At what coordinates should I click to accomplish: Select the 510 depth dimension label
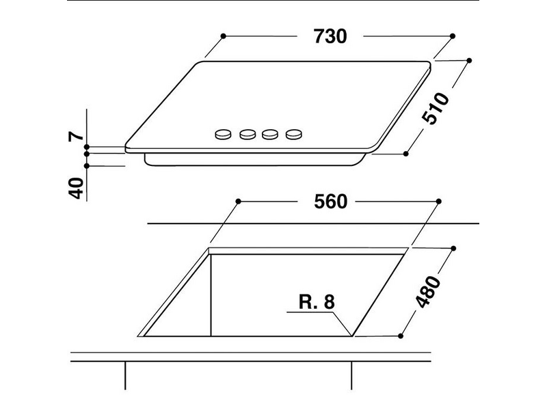(434, 108)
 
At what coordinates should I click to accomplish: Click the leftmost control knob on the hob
(222, 134)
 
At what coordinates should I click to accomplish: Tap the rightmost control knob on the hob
(294, 134)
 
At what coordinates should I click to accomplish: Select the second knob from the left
(247, 135)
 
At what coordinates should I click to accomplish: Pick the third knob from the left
(271, 135)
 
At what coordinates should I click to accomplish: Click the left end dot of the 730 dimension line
(224, 35)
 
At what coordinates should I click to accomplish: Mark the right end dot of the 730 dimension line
(453, 35)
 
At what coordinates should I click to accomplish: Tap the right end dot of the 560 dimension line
(438, 202)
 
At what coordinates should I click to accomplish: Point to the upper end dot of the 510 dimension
(469, 61)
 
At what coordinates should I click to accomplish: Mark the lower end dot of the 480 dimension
(399, 336)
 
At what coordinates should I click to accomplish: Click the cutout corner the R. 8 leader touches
(351, 336)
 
